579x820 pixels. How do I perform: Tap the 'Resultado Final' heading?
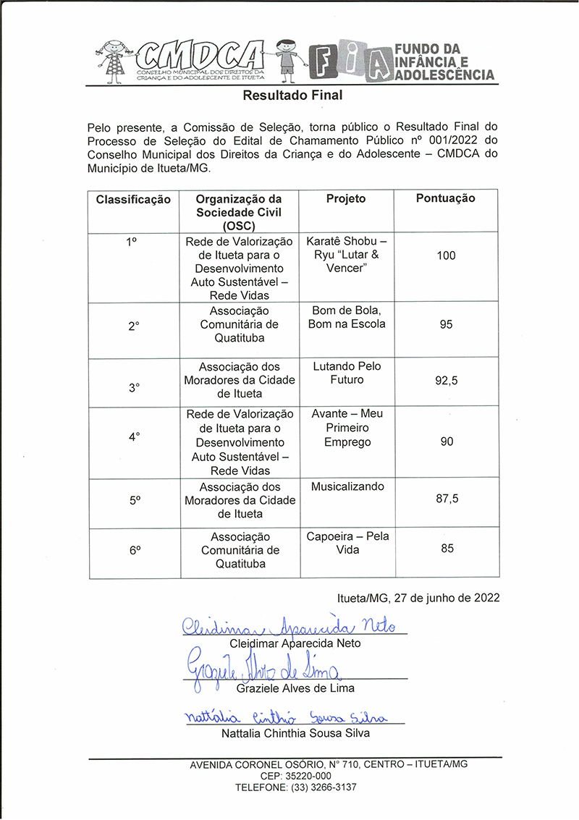[x=292, y=95]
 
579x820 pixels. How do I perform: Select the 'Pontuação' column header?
[x=446, y=198]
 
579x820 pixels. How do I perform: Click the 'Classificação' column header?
[x=133, y=199]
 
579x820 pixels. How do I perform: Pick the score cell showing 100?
[x=446, y=255]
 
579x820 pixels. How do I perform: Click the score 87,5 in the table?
[x=447, y=499]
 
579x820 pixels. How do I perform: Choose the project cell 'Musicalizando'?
[x=347, y=487]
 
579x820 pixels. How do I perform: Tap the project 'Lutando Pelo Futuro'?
[x=347, y=373]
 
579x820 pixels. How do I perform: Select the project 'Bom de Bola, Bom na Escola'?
[x=347, y=317]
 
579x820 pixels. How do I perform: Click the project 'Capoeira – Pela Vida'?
[x=347, y=543]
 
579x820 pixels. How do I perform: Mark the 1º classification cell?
[x=132, y=242]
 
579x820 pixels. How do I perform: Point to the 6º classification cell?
[x=135, y=550]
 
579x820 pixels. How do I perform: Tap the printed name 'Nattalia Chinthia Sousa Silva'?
[x=295, y=733]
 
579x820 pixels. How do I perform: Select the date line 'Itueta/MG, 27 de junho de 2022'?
[x=418, y=599]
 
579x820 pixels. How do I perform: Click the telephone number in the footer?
[x=295, y=787]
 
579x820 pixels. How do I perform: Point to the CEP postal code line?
[x=295, y=776]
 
